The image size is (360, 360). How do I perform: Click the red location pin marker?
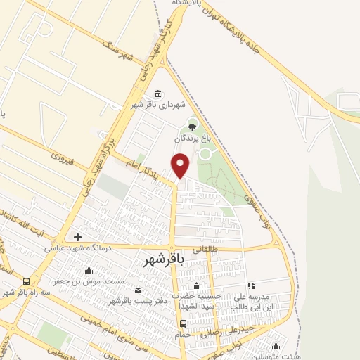181,165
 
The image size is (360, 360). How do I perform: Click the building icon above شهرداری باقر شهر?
156,94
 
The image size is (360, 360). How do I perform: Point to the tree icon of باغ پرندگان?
192,127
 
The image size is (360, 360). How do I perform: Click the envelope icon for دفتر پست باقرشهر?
137,290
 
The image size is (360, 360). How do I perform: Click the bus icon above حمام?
184,324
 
